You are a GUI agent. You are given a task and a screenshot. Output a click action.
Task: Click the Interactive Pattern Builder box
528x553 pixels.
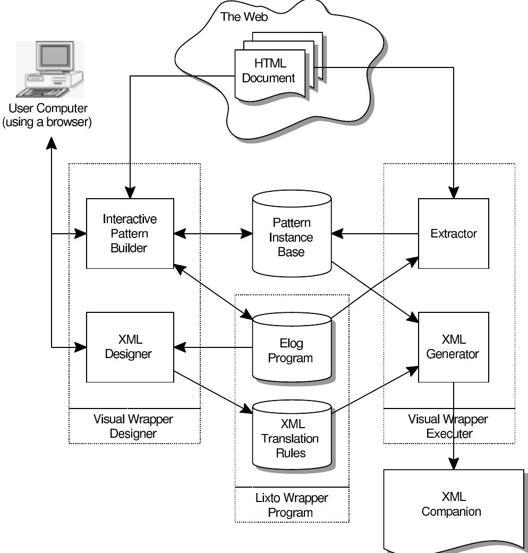click(x=130, y=233)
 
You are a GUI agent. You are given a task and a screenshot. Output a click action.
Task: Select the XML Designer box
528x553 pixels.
click(x=130, y=346)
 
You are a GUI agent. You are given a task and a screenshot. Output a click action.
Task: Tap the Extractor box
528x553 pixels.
click(x=453, y=233)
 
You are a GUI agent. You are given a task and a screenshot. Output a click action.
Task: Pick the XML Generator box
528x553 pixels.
click(x=453, y=346)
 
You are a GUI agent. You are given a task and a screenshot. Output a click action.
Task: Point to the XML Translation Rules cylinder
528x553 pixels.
click(x=291, y=439)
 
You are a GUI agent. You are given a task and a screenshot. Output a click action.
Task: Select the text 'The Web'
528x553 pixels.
click(x=244, y=16)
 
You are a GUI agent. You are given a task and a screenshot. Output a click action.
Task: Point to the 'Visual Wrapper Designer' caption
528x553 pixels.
click(x=133, y=426)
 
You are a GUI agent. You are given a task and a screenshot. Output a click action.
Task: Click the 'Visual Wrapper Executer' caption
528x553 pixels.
click(x=448, y=426)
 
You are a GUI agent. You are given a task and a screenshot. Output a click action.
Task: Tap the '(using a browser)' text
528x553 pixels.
click(x=47, y=123)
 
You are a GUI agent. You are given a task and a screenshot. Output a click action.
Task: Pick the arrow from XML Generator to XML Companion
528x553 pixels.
click(x=453, y=425)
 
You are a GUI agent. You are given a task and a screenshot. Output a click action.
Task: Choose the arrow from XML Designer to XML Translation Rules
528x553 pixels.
click(x=212, y=391)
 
